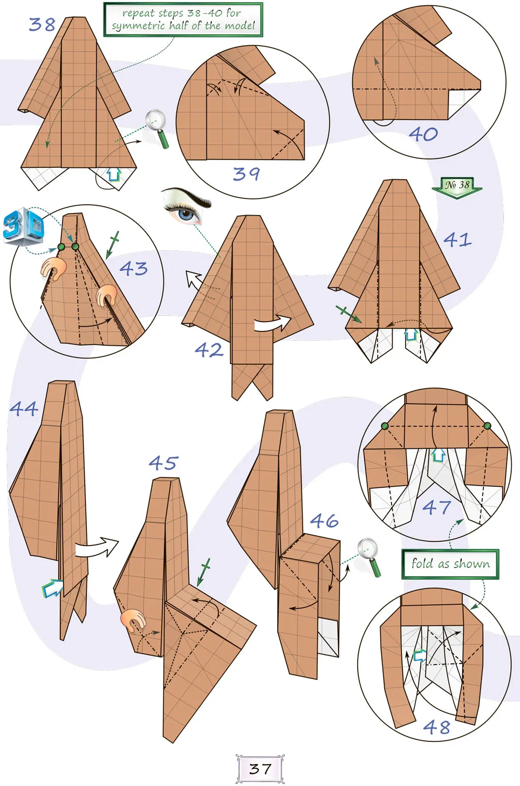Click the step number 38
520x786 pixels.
click(42, 24)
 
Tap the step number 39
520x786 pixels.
click(246, 174)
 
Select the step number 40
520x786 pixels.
click(423, 134)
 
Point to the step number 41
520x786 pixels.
click(457, 239)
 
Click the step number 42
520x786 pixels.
click(209, 350)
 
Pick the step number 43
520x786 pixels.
click(134, 269)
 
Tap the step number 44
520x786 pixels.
click(24, 408)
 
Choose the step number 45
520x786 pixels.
click(164, 463)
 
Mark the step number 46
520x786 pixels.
click(324, 521)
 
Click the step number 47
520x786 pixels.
click(436, 507)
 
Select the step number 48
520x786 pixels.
click(436, 727)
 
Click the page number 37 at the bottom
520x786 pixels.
click(260, 769)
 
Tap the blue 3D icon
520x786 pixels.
click(23, 225)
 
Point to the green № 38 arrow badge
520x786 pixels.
click(457, 188)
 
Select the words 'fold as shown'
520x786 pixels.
click(450, 564)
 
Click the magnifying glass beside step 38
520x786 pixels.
click(157, 128)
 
